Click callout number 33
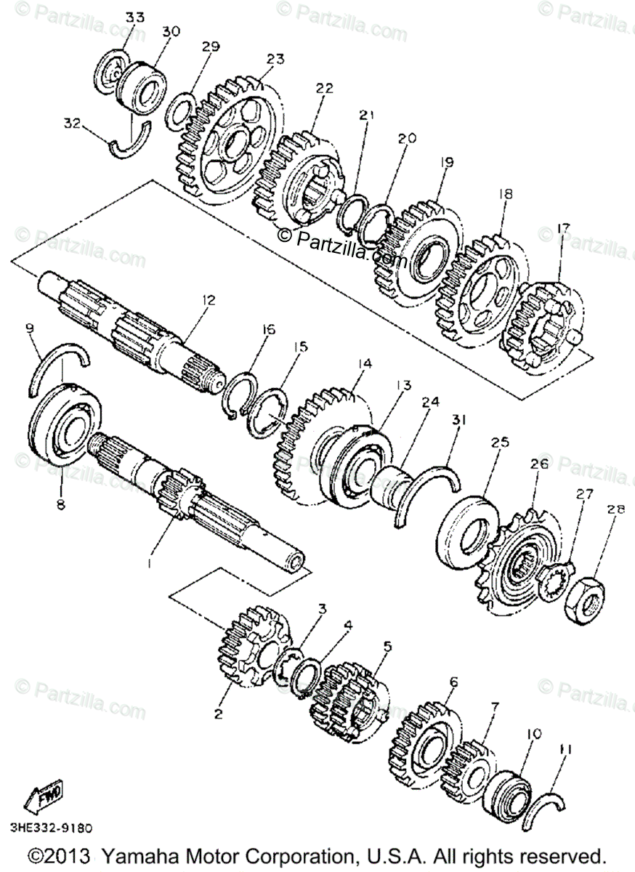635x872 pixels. [134, 16]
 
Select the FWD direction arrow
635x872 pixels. [44, 796]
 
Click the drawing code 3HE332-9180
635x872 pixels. [51, 828]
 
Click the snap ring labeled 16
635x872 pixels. [242, 392]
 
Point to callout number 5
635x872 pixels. [387, 645]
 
